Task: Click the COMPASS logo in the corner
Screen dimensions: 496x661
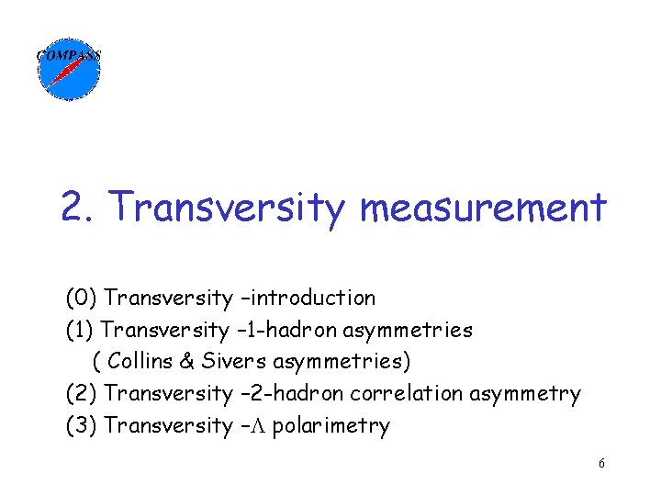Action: click(68, 67)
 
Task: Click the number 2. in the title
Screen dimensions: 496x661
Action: click(80, 208)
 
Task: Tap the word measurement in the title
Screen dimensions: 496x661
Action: click(483, 208)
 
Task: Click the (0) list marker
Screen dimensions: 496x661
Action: click(81, 298)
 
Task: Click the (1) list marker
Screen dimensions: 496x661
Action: click(81, 329)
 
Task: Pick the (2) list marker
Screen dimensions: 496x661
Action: click(81, 393)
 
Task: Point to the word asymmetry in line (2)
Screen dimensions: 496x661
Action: click(525, 394)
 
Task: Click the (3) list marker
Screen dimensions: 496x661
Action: click(81, 425)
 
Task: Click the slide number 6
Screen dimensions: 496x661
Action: click(601, 464)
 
